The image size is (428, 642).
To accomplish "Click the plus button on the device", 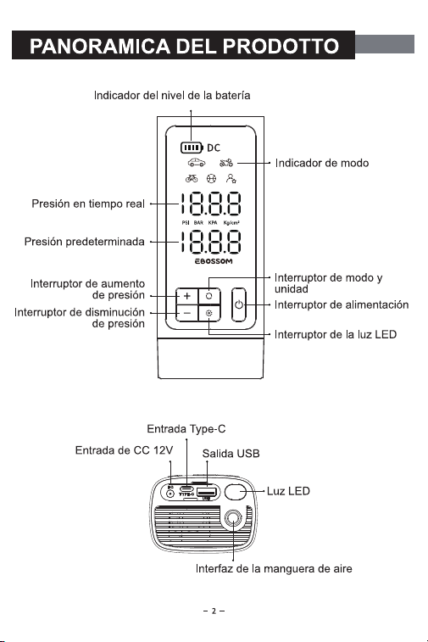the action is pos(187,296).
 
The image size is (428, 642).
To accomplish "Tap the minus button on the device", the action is pos(187,313).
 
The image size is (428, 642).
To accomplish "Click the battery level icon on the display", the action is pos(192,148).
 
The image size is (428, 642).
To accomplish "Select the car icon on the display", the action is pos(197,163).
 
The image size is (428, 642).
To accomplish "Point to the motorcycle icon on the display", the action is pos(226,163).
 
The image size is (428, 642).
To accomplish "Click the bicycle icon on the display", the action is pos(192,178).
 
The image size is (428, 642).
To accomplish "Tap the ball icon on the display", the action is pos(211,178).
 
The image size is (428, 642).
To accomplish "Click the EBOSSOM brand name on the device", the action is pos(214,261).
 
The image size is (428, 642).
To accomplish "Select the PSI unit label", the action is pos(186,223).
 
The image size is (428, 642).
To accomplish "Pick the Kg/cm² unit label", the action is pos(231,223).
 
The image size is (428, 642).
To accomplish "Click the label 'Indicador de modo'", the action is pos(322,163).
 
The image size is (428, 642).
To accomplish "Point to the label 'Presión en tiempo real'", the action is pos(88,204).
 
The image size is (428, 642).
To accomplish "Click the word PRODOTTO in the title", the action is pos(281,46).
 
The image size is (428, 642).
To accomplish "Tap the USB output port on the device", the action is pos(207,492).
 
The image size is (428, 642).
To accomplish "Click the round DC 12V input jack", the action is pos(170,494).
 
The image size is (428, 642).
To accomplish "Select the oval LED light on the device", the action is pos(236,492).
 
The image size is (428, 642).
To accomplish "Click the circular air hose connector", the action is pos(233,518).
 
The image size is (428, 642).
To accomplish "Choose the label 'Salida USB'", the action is pos(231,454).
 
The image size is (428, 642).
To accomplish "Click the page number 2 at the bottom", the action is pos(214,611).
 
